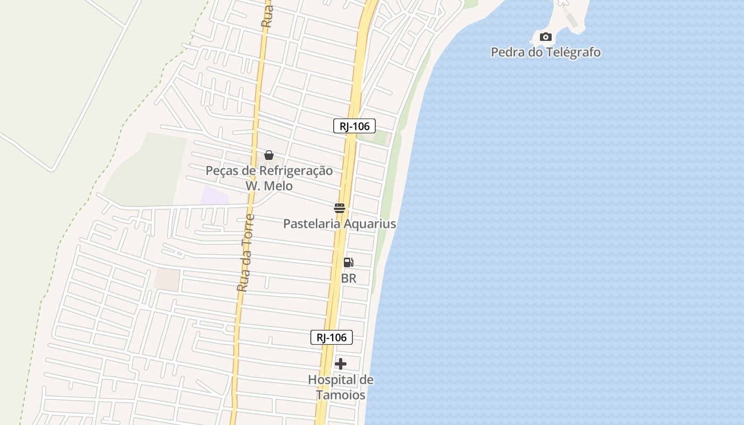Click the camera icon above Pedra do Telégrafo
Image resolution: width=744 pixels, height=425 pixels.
[545, 37]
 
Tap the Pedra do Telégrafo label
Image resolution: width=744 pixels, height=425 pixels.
[545, 52]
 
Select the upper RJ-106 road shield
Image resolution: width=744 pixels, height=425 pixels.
[354, 126]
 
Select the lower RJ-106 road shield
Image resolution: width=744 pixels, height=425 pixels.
[331, 337]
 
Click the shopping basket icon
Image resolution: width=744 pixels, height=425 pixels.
[269, 155]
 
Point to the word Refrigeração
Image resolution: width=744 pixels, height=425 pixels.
[295, 171]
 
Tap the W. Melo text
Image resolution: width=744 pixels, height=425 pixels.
[269, 186]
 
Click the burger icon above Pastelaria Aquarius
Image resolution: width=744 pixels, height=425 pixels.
[340, 208]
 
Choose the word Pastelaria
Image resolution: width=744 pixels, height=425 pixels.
[311, 224]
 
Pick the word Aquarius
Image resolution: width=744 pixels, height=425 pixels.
[370, 224]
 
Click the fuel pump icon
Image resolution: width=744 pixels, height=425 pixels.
[349, 262]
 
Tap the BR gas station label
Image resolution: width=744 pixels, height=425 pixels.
[349, 278]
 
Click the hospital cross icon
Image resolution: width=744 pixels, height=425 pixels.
[341, 364]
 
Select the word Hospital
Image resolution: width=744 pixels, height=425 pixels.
[333, 380]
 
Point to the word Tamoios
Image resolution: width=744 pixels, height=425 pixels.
[341, 395]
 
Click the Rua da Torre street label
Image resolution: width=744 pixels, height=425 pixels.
[246, 253]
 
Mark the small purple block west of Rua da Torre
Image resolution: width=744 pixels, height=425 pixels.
[214, 195]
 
